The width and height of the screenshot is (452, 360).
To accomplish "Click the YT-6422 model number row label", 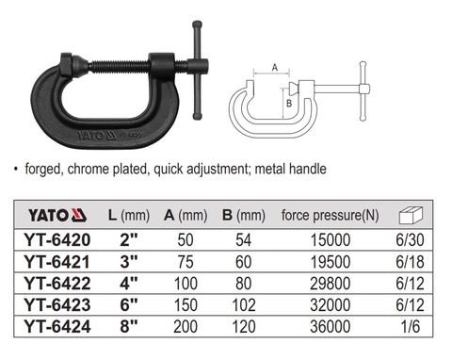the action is pos(57,284).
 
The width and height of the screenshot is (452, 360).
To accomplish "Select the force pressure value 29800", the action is pos(331,284).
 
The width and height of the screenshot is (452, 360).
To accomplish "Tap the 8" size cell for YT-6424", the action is pos(129,326).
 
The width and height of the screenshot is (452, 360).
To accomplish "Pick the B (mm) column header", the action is pos(244,216).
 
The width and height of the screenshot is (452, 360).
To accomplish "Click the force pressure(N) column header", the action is pos(331,216).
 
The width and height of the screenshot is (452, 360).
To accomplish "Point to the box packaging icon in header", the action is pos(411,216).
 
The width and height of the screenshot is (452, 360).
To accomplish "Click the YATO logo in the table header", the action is pos(57,216).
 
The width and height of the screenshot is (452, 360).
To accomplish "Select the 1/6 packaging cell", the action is pos(411,326).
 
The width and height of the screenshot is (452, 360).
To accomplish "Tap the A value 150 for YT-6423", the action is pos(186,304).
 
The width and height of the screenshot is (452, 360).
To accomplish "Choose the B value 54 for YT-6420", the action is pos(244,240).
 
